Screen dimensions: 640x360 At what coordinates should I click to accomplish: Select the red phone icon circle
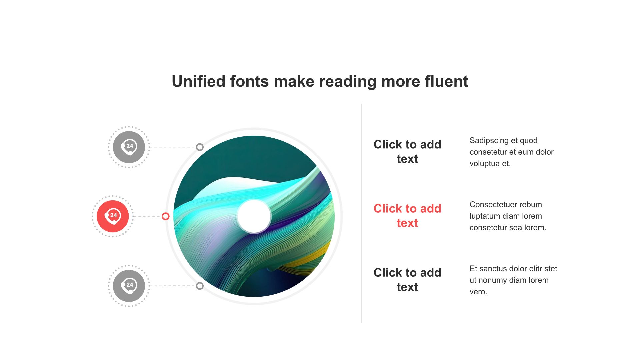[x=113, y=216]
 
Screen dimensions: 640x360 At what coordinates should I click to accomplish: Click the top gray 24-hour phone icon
[x=129, y=147]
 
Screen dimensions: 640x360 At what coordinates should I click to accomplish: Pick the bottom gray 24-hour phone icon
[x=129, y=286]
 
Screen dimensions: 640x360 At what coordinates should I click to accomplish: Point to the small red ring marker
[x=166, y=216]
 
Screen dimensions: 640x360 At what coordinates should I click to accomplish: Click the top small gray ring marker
[x=200, y=147]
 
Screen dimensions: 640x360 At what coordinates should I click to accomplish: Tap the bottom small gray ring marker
[x=200, y=286]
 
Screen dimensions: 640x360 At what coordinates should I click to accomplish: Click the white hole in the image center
[x=254, y=216]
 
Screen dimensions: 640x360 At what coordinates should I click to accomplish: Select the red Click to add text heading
[x=407, y=216]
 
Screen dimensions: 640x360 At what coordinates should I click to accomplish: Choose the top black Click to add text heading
[x=407, y=152]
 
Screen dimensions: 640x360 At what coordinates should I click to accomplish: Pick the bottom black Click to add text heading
[x=407, y=280]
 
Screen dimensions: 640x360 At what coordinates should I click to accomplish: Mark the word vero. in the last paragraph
[x=478, y=292]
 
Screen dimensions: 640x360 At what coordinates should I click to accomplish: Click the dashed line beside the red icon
[x=147, y=216]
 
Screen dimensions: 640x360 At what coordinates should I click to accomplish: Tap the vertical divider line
[x=362, y=213]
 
